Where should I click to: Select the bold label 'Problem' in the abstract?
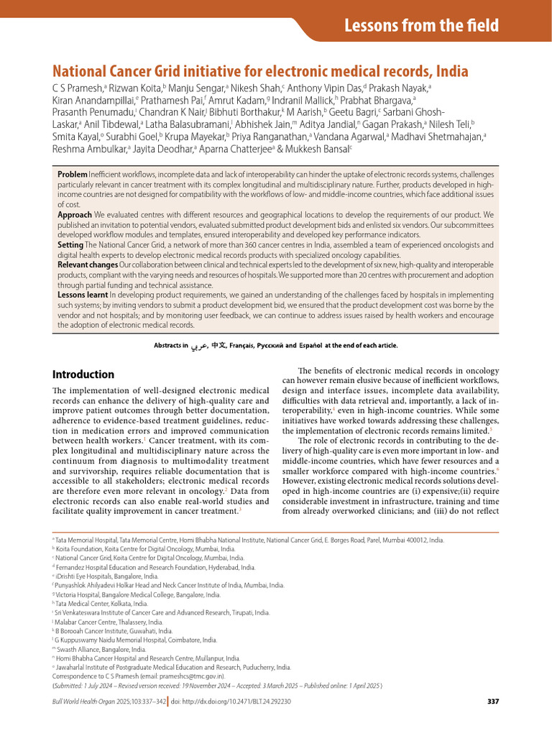72,175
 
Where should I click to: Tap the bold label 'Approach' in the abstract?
75,215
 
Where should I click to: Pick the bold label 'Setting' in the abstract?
70,245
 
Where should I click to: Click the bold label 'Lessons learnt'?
83,295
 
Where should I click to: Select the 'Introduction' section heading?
83,374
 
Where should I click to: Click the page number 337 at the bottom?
492,701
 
